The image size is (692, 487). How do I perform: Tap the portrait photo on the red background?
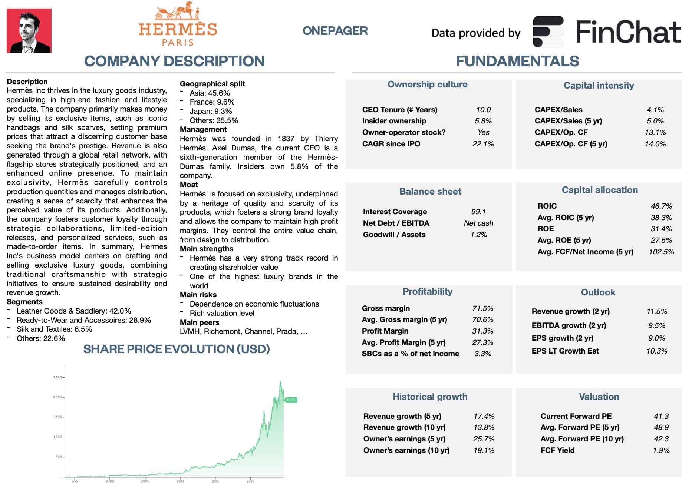click(29, 31)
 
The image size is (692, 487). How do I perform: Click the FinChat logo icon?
click(548, 32)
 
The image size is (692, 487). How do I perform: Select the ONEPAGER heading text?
click(335, 31)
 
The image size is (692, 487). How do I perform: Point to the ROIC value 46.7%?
click(661, 206)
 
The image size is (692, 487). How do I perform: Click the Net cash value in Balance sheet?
click(478, 223)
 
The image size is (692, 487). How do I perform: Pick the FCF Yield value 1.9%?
click(661, 450)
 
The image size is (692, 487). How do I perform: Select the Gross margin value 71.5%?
click(483, 308)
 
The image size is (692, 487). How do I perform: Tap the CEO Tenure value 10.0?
click(483, 110)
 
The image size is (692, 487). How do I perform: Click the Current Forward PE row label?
click(576, 416)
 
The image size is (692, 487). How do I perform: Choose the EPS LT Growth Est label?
click(565, 351)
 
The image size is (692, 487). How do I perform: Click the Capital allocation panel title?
click(600, 190)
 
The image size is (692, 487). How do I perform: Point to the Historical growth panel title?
click(430, 397)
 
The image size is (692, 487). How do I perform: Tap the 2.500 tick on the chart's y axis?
click(57, 377)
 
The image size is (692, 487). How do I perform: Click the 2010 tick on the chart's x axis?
click(180, 481)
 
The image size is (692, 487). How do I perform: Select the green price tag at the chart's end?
click(291, 400)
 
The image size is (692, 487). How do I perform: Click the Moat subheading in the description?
click(189, 185)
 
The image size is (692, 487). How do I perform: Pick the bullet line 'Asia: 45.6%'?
click(210, 93)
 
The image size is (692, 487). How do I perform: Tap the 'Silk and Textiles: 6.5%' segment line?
click(54, 329)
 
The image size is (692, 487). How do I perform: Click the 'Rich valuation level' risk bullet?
click(222, 313)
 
